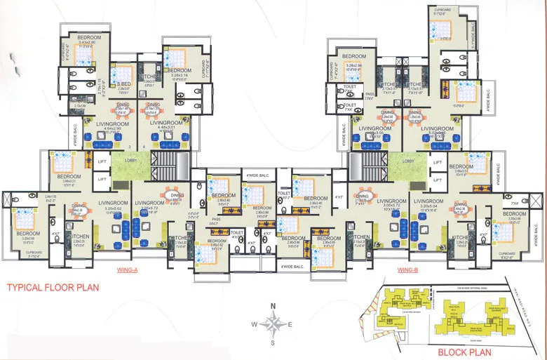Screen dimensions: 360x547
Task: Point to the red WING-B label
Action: tap(408, 269)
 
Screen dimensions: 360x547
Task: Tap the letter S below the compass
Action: tap(273, 344)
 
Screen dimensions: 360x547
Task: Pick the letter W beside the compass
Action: tap(255, 324)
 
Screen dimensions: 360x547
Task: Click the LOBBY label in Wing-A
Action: tap(130, 161)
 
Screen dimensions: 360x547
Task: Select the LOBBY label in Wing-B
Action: tap(409, 161)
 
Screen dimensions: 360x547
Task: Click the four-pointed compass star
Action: tap(273, 324)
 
